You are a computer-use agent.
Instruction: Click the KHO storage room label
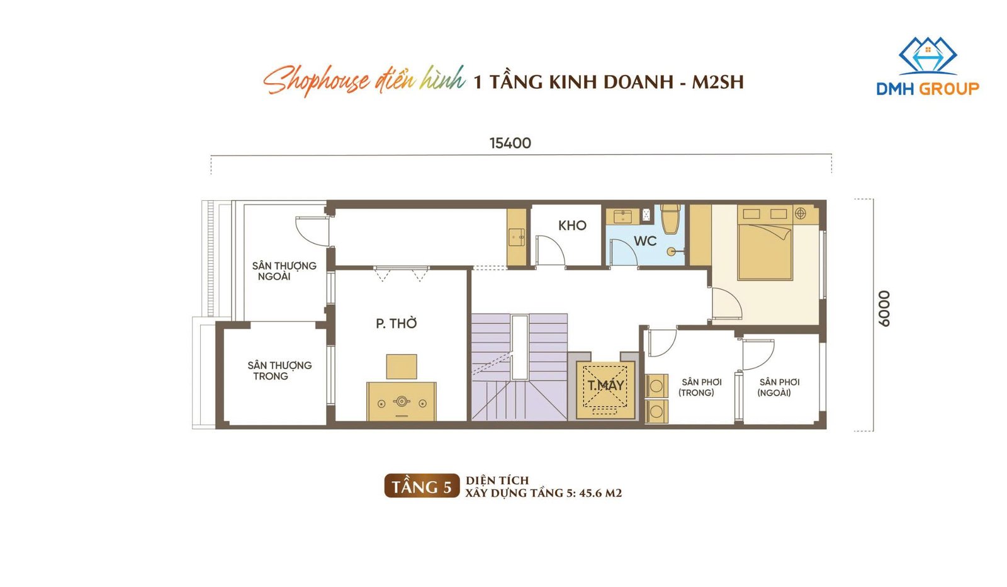pos(572,225)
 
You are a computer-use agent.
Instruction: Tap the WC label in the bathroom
pos(645,241)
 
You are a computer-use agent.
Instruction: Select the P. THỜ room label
pos(396,323)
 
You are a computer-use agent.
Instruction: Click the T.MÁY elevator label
pos(605,385)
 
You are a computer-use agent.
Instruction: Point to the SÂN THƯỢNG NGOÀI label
pos(284,271)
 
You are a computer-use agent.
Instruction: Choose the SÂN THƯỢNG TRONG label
pos(279,370)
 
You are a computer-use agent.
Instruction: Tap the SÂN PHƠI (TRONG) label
pos(700,387)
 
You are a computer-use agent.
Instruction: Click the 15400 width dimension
pos(510,143)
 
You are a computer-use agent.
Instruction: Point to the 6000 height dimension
pos(884,309)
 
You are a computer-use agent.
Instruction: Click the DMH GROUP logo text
pos(928,89)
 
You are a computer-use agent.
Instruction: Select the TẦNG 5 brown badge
pos(422,486)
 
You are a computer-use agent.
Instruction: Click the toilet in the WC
pos(670,219)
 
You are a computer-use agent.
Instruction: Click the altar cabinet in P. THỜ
pos(402,401)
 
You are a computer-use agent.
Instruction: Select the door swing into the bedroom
pos(726,304)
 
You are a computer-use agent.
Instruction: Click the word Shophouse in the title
pos(317,81)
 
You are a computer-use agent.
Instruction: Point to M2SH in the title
pos(717,82)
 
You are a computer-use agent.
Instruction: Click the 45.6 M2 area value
pos(600,493)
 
